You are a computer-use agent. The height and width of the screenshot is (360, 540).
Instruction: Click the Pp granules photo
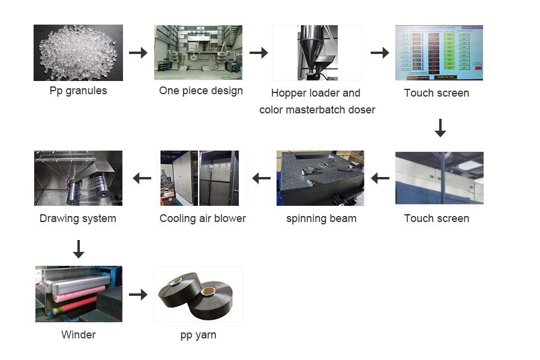pyautogui.click(x=78, y=53)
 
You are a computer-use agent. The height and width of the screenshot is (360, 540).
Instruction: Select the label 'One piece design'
pyautogui.click(x=201, y=91)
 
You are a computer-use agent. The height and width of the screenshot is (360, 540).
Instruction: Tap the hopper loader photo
pyautogui.click(x=317, y=53)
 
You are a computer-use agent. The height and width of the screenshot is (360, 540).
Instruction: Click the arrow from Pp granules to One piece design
pyautogui.click(x=138, y=53)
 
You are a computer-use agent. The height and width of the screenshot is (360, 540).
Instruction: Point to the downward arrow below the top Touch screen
pyautogui.click(x=440, y=128)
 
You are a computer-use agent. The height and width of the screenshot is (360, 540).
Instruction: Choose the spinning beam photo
pyautogui.click(x=320, y=178)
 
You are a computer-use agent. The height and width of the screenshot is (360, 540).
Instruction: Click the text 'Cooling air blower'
pyautogui.click(x=203, y=218)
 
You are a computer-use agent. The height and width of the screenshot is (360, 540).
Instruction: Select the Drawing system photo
pyautogui.click(x=78, y=178)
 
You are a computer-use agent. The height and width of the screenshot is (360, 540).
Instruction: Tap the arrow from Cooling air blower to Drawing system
pyautogui.click(x=142, y=178)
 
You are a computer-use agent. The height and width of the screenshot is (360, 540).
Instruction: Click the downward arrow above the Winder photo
pyautogui.click(x=78, y=248)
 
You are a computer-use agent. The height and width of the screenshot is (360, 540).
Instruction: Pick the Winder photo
pyautogui.click(x=78, y=294)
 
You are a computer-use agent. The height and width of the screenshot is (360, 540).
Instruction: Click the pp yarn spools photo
pyautogui.click(x=198, y=294)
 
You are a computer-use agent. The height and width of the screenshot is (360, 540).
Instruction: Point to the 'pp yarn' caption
pyautogui.click(x=198, y=335)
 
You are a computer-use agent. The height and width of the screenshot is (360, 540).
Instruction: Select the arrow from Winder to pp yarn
pyautogui.click(x=138, y=294)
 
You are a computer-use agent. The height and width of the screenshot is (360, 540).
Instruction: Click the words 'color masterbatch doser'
pyautogui.click(x=317, y=110)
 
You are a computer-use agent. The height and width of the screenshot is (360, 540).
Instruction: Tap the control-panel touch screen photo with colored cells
pyautogui.click(x=439, y=53)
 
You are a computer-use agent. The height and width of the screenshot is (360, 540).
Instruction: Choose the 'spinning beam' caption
pyautogui.click(x=321, y=218)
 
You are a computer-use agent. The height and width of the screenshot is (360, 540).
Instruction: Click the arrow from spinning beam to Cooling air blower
pyautogui.click(x=261, y=178)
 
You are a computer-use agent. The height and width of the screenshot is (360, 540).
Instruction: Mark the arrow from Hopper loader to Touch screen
pyautogui.click(x=380, y=53)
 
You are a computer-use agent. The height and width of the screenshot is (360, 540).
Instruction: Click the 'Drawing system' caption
pyautogui.click(x=78, y=218)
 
